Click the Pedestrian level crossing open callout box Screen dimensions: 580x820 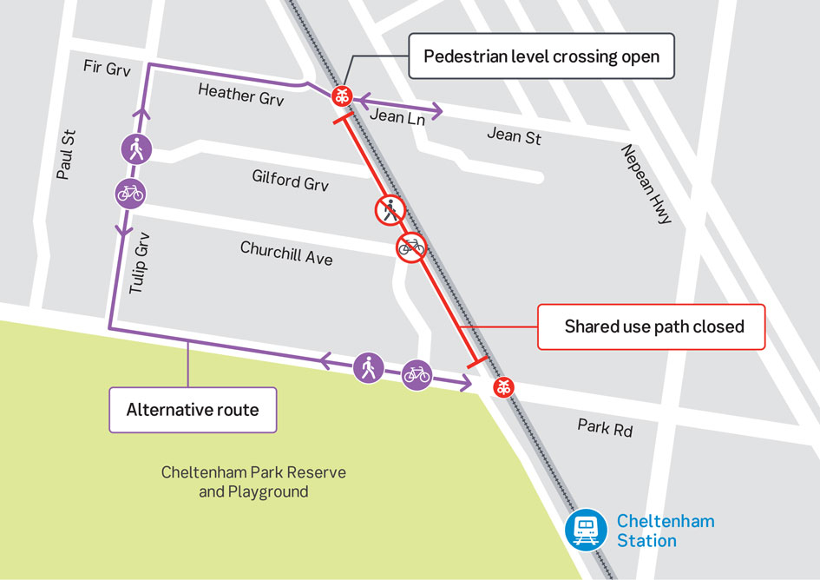point(541,57)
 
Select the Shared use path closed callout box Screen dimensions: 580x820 point(653,326)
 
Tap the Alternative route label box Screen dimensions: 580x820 point(192,410)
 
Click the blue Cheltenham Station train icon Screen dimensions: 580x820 point(586,530)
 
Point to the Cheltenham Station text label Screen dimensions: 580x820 point(665,531)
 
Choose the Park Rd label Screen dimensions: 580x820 point(605,427)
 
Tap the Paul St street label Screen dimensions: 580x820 point(65,155)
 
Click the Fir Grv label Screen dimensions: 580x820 point(107,68)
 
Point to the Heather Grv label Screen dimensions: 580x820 point(241,94)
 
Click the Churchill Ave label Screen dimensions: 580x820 point(286,253)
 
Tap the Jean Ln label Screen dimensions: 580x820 point(397,115)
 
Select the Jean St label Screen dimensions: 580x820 point(514,135)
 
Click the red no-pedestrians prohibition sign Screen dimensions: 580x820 point(390,209)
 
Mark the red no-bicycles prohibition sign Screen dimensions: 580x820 point(411,247)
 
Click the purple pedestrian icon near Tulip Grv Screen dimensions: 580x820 point(136,150)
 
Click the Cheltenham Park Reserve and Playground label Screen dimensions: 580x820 point(253,482)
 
